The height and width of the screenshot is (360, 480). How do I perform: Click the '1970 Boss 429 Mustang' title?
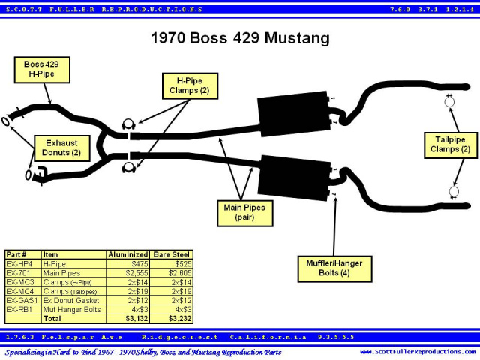click(x=240, y=38)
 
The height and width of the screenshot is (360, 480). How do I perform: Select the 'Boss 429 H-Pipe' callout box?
click(x=42, y=70)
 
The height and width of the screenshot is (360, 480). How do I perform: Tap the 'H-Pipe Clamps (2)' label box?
click(x=190, y=85)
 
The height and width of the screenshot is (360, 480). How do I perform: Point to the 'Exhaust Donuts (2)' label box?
click(x=61, y=148)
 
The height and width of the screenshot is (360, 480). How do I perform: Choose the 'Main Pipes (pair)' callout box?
click(x=245, y=213)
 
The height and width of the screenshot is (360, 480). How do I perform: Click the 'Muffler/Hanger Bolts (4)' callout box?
click(x=334, y=268)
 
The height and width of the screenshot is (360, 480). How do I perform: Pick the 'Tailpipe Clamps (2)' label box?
click(x=450, y=145)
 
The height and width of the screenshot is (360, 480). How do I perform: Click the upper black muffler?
click(x=293, y=113)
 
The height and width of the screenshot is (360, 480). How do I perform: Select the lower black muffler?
click(x=295, y=178)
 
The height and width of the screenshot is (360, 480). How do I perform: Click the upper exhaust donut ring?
click(x=5, y=121)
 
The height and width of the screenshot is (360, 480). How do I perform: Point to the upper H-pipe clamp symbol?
click(x=128, y=124)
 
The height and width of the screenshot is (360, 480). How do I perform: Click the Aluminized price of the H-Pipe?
click(x=139, y=264)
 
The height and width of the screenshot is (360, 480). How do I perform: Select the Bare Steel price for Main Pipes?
click(x=180, y=273)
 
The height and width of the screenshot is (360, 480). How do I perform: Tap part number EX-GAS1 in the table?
click(x=22, y=300)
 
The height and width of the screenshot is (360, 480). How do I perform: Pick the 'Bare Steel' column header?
click(x=172, y=254)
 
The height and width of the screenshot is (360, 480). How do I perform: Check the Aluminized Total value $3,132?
click(x=136, y=318)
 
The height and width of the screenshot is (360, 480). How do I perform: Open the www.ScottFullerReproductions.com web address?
click(x=418, y=352)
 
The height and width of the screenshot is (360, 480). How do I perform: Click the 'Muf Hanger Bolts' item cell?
click(x=72, y=310)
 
